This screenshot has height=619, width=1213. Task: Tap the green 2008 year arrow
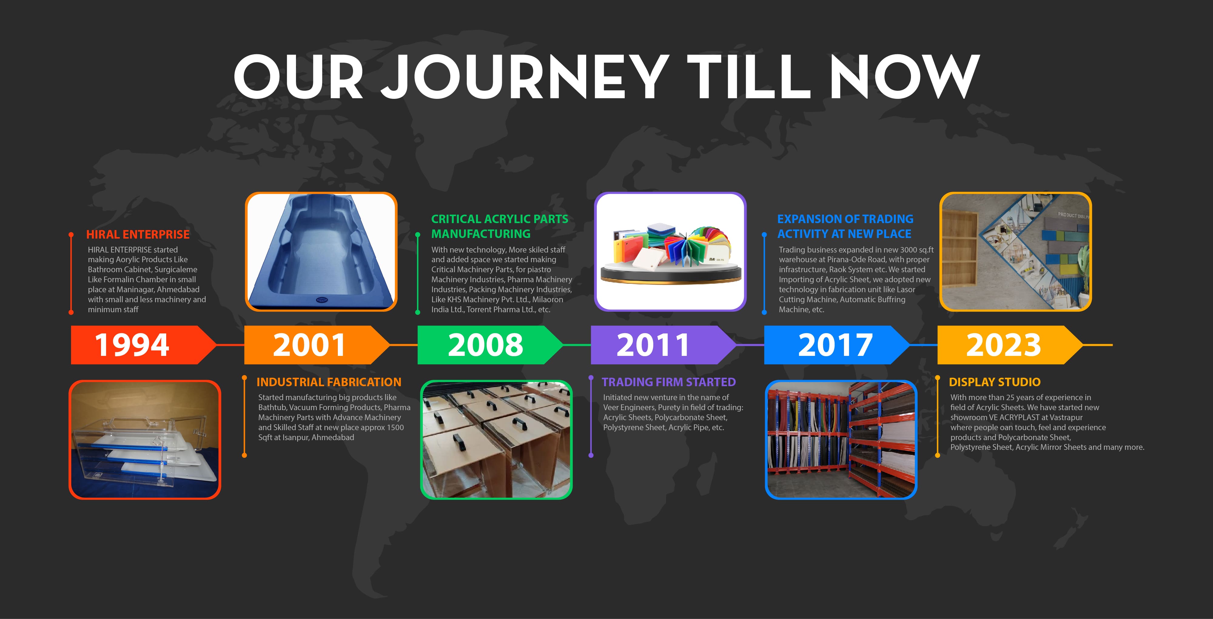click(490, 345)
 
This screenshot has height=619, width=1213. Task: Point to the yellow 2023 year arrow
click(1010, 345)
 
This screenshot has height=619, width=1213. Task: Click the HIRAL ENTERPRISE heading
click(138, 234)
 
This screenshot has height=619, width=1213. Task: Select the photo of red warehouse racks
click(841, 440)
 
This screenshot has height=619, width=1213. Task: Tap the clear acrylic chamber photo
click(145, 440)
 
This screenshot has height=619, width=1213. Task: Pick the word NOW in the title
click(905, 76)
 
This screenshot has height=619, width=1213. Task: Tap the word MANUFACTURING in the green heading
click(481, 234)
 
